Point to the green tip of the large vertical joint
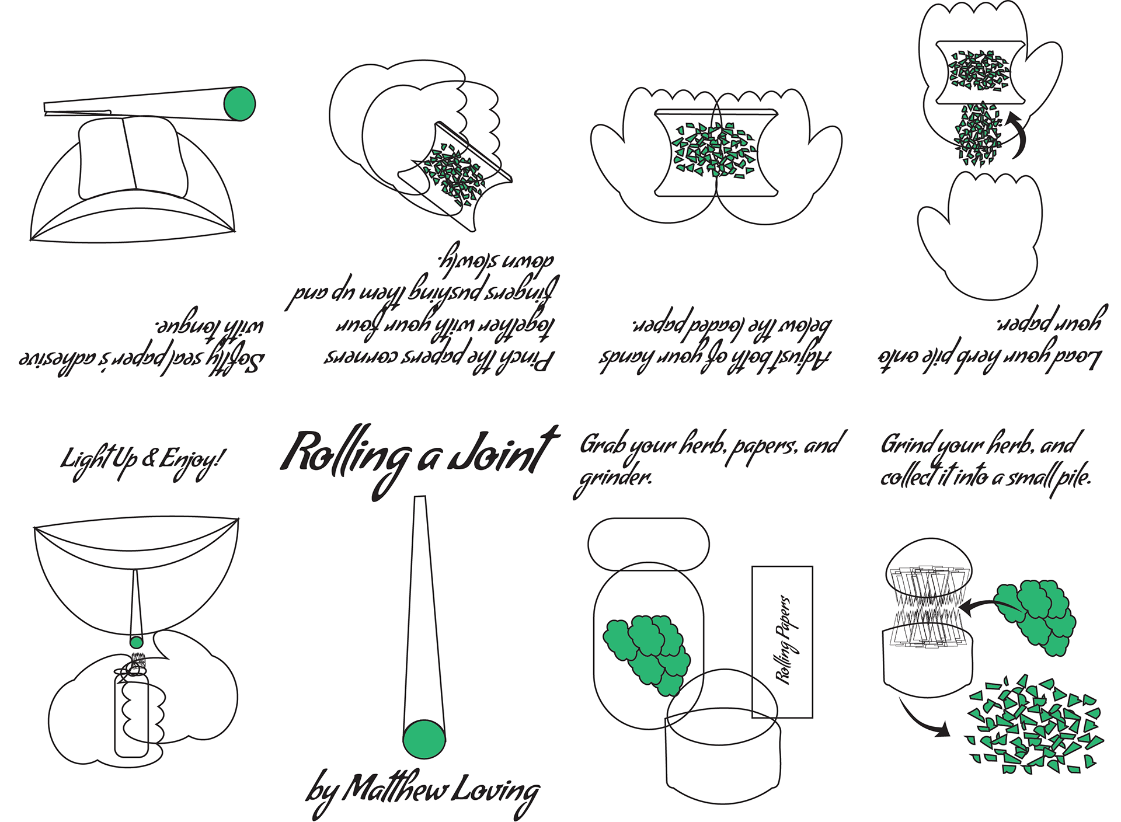[424, 739]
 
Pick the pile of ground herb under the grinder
[1033, 727]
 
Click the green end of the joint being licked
[239, 103]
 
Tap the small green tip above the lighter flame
[136, 642]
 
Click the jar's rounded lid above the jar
[648, 543]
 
